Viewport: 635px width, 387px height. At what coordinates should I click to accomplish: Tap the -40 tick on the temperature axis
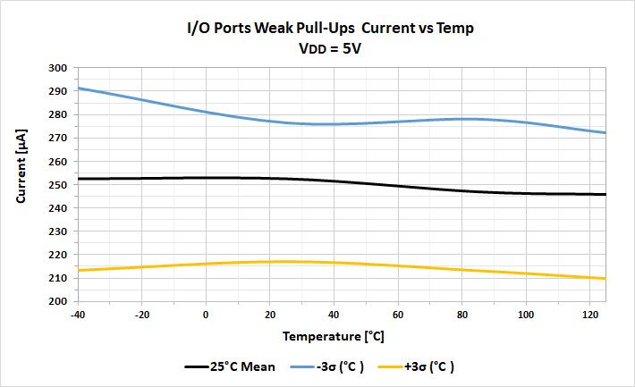[79, 314]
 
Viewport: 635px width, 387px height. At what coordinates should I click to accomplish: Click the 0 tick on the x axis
[207, 314]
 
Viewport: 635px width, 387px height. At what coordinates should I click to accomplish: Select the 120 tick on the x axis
[590, 314]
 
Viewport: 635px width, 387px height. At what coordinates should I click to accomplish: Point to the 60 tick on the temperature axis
[398, 314]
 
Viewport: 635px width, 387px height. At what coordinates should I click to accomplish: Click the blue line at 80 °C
[462, 119]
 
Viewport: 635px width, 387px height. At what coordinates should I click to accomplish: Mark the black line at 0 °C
[207, 178]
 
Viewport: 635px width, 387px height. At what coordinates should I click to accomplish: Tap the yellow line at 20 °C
[271, 262]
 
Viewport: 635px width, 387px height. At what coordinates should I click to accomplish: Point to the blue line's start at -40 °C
[80, 88]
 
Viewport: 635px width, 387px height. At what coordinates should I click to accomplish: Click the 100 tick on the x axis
[527, 314]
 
